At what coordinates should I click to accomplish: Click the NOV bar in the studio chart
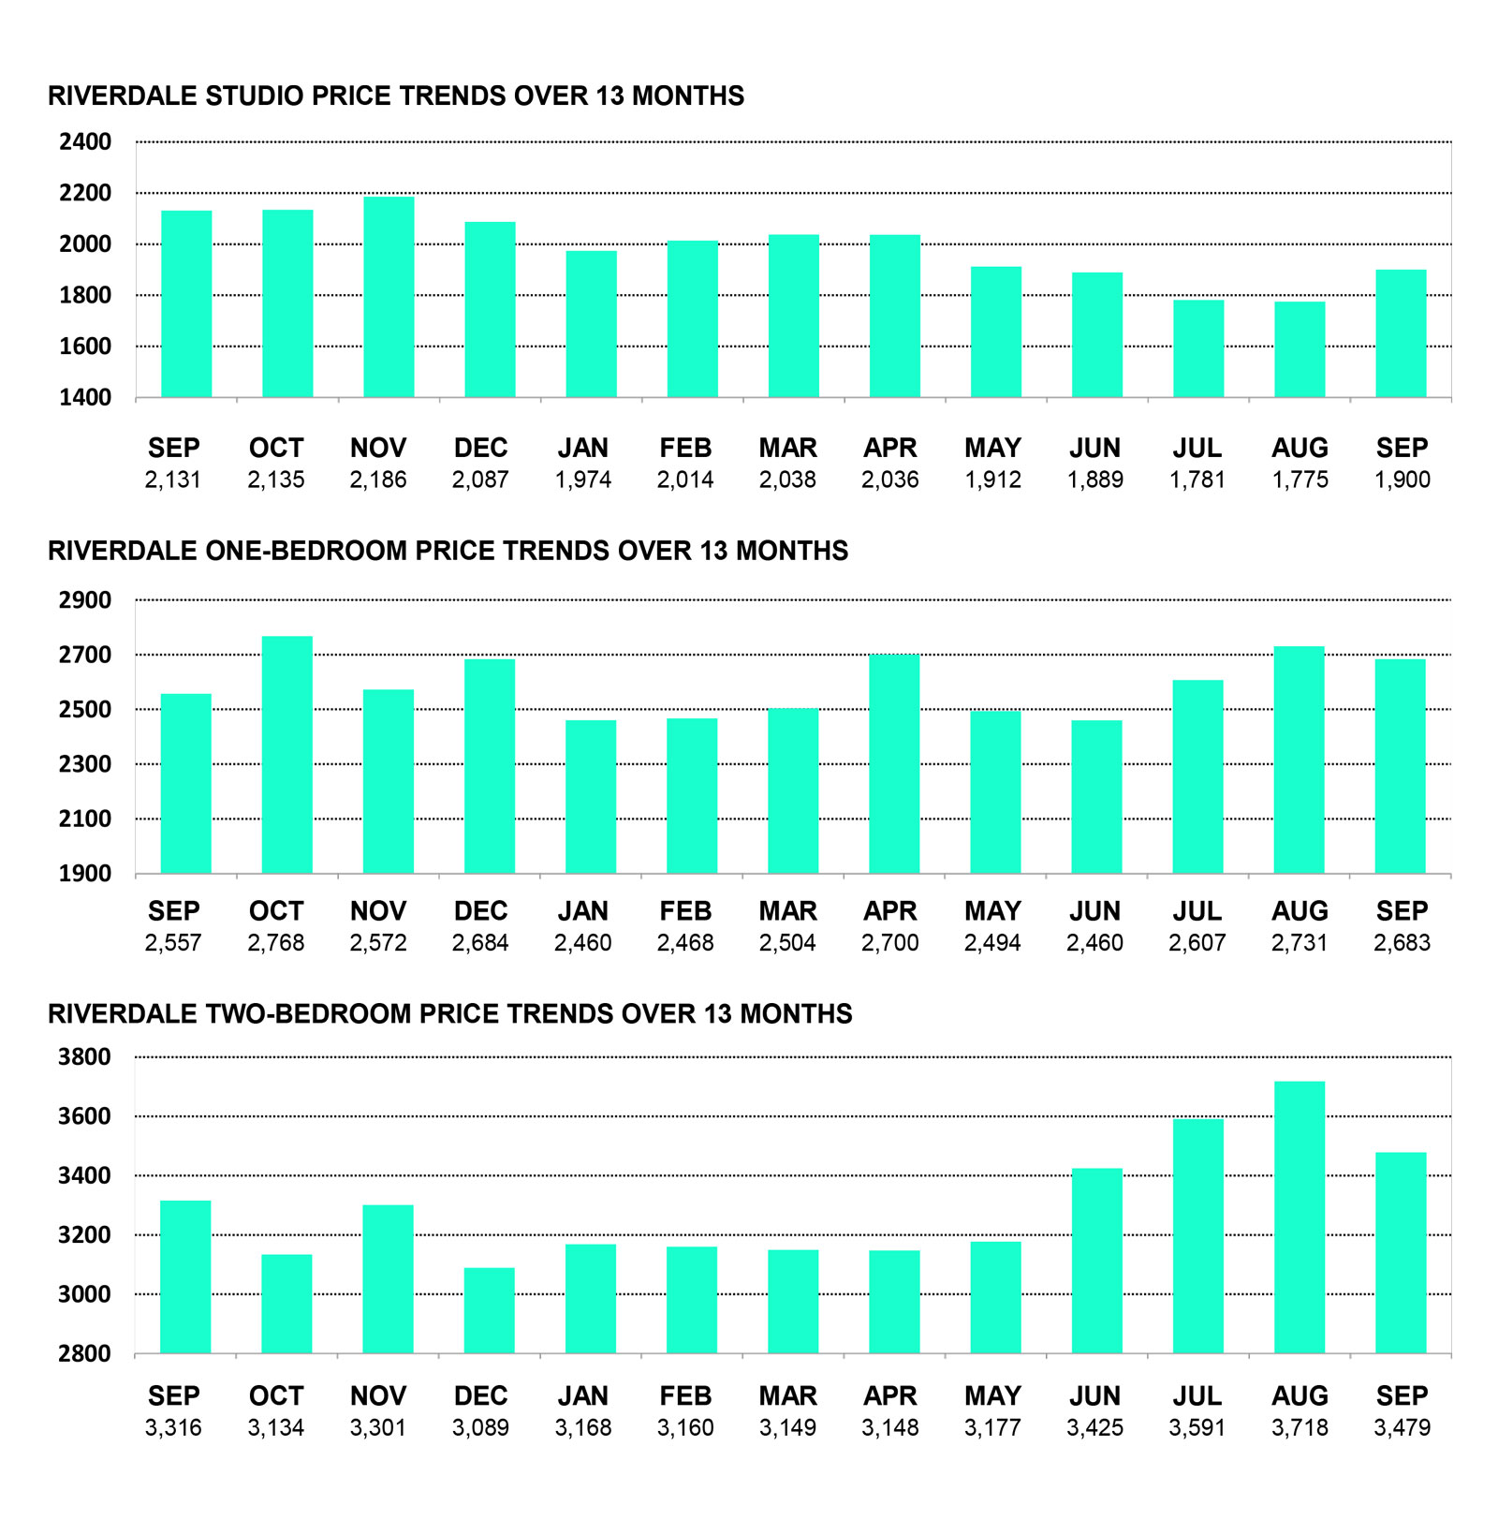tap(389, 297)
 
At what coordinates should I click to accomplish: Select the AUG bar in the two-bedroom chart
tap(1300, 1217)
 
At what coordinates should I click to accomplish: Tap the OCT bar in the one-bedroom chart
tap(287, 755)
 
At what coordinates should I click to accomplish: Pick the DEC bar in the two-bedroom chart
tap(490, 1310)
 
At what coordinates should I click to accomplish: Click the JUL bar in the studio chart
tap(1198, 348)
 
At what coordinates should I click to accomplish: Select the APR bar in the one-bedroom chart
tap(894, 764)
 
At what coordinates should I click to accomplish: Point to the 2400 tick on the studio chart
tap(85, 142)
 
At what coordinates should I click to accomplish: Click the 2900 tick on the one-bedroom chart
tap(85, 600)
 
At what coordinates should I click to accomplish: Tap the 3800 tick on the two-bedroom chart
tap(85, 1057)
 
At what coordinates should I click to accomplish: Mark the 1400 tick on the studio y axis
tap(85, 398)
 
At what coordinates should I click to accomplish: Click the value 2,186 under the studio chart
tap(378, 480)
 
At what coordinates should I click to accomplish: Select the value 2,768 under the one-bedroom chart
tap(276, 943)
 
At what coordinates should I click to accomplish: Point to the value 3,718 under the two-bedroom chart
tap(1300, 1428)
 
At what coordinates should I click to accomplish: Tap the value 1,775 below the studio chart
tap(1300, 480)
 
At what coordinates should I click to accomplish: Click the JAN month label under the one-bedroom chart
tap(583, 911)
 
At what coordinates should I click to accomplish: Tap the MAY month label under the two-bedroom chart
tap(992, 1396)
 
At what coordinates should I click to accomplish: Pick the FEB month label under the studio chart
tap(685, 449)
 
